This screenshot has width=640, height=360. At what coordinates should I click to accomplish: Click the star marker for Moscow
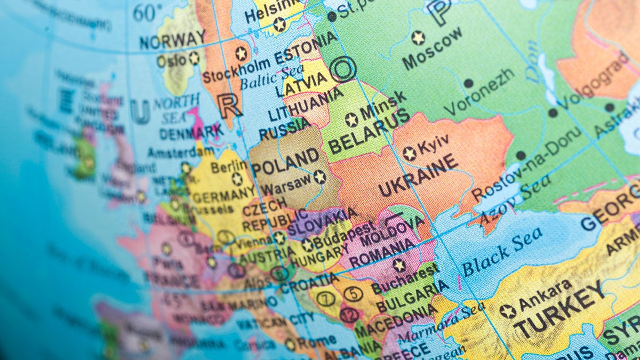pyautogui.click(x=418, y=38)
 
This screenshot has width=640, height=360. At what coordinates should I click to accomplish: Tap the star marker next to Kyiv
pyautogui.click(x=409, y=154)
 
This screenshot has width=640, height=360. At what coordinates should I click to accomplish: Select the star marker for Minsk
pyautogui.click(x=351, y=119)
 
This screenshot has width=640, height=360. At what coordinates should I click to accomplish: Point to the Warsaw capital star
pyautogui.click(x=319, y=177)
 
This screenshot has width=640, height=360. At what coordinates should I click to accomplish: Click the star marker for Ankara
pyautogui.click(x=508, y=311)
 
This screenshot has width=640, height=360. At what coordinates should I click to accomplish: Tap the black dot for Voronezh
pyautogui.click(x=468, y=83)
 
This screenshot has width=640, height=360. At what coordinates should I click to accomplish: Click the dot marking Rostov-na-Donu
pyautogui.click(x=521, y=156)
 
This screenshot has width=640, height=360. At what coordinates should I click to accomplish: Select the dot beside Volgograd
pyautogui.click(x=553, y=113)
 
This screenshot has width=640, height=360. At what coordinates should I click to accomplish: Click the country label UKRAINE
pyautogui.click(x=418, y=175)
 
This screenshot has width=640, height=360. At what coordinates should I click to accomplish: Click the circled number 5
pyautogui.click(x=353, y=294)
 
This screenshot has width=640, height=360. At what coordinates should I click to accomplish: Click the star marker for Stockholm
pyautogui.click(x=241, y=53)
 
